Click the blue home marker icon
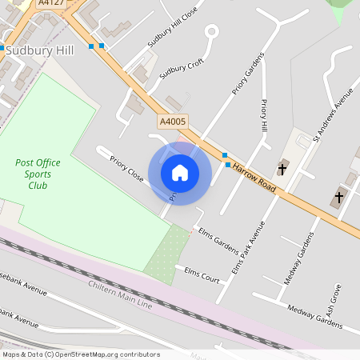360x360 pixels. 180,173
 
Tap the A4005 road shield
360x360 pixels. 172,122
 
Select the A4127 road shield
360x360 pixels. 50,2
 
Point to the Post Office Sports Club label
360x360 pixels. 38,174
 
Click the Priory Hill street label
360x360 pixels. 265,115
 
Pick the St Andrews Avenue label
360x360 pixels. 333,114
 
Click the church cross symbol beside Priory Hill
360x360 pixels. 282,168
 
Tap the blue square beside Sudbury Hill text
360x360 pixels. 2,49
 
